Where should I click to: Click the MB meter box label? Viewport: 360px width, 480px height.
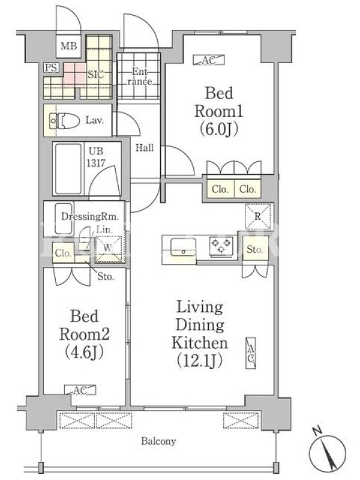click(x=68, y=46)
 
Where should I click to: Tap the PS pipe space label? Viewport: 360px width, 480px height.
click(x=51, y=68)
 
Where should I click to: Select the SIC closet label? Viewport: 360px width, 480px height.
click(x=95, y=74)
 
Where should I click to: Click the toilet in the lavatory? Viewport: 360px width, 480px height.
click(x=64, y=121)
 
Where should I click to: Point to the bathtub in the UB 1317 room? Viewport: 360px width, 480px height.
click(x=68, y=168)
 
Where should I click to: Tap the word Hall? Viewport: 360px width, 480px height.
click(x=145, y=148)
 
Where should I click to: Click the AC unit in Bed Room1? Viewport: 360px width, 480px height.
click(x=209, y=60)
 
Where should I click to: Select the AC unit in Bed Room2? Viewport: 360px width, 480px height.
click(x=80, y=389)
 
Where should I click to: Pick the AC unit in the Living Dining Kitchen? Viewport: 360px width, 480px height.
click(x=251, y=353)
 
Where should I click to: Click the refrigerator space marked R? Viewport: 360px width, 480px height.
click(x=258, y=217)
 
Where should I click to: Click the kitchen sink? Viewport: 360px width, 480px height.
click(x=184, y=247)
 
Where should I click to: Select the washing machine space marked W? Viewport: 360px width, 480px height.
click(x=108, y=248)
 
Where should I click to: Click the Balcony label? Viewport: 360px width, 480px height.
click(x=158, y=442)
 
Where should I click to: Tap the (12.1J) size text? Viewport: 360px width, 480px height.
click(x=200, y=361)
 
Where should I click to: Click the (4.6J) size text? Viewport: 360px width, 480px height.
click(x=84, y=352)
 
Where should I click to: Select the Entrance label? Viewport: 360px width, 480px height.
click(x=140, y=77)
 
